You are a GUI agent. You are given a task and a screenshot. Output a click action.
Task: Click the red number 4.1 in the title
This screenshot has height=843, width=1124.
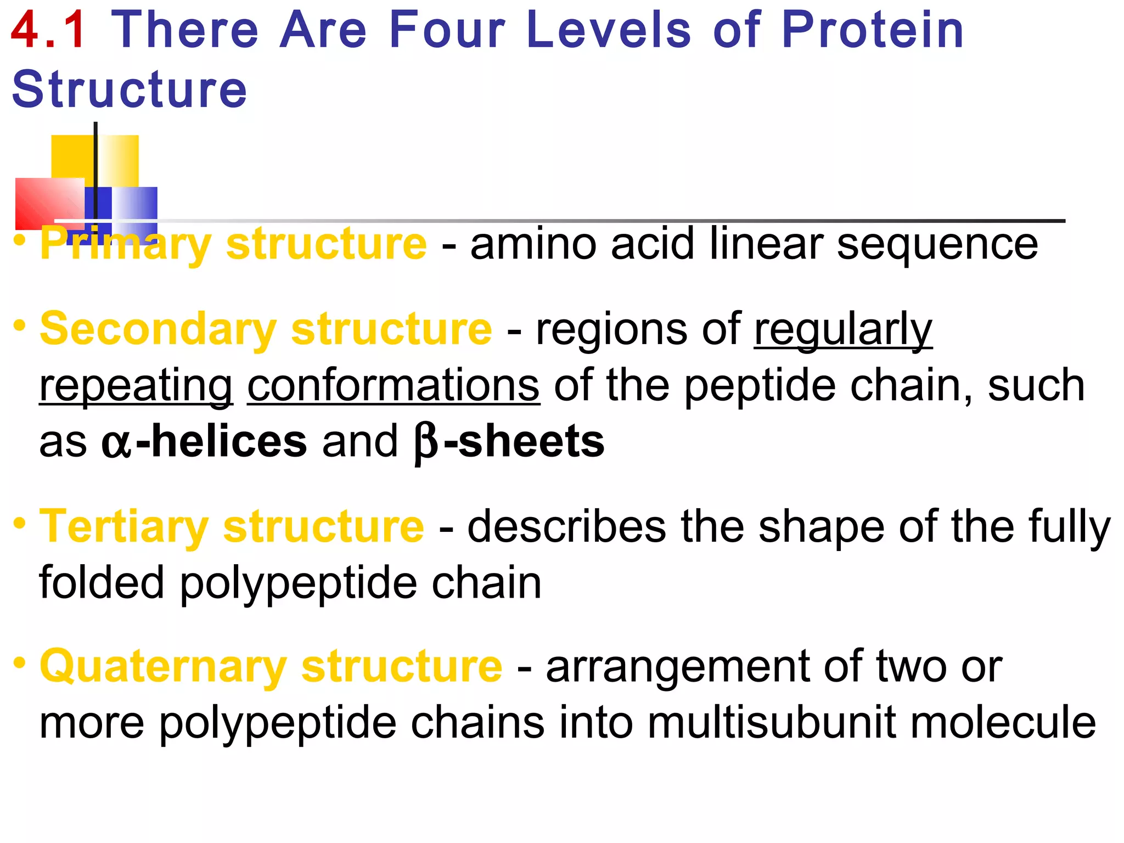(48, 31)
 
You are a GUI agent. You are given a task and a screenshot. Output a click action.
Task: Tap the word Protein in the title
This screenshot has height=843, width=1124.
(872, 31)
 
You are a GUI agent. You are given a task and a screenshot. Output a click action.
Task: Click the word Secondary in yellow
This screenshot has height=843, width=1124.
(158, 329)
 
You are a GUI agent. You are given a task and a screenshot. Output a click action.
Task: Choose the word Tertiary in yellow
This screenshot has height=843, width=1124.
(124, 527)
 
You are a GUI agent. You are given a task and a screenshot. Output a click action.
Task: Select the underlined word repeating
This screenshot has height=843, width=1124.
(136, 386)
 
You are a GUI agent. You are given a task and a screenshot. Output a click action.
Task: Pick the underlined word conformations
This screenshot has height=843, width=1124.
(394, 385)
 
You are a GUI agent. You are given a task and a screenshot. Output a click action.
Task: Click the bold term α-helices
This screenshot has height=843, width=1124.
(204, 442)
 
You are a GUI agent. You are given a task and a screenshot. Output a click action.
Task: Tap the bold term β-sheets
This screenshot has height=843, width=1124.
(509, 442)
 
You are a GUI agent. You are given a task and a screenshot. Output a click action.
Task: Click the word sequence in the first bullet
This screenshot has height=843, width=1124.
(937, 245)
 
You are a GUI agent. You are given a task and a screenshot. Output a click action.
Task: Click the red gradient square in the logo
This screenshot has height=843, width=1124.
(49, 203)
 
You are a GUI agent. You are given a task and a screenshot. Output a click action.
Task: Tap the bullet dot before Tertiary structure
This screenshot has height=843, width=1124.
(20, 522)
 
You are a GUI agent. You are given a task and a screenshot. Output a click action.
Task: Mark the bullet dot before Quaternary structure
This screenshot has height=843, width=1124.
(20, 662)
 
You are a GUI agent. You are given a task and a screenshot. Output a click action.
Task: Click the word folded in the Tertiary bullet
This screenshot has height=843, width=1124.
(102, 583)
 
